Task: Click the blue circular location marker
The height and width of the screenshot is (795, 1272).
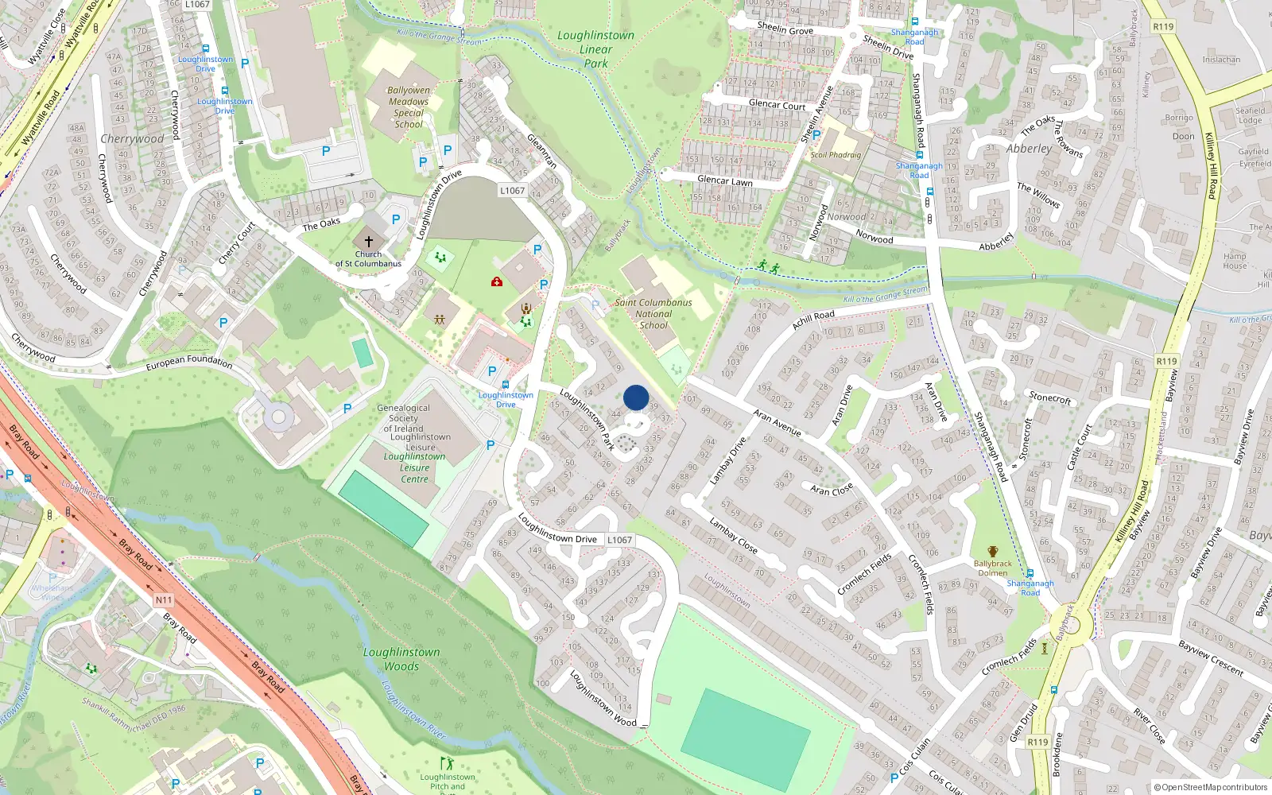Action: tap(636, 397)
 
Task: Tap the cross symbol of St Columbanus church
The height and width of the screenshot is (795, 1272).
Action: tap(368, 241)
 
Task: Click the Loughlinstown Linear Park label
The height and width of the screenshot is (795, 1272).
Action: tap(595, 49)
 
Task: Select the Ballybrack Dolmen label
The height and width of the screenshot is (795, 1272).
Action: tap(992, 568)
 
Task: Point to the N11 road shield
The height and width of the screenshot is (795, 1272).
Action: tap(163, 600)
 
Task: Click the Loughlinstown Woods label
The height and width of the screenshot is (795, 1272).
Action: tap(401, 659)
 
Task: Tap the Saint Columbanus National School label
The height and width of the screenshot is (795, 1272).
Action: tap(653, 313)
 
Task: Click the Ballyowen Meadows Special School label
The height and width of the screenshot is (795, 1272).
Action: tap(409, 107)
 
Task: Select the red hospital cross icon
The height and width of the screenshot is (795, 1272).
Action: tap(497, 281)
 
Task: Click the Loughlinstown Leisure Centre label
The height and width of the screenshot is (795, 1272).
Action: tap(414, 467)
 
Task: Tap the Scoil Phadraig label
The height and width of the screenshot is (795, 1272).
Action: tap(836, 155)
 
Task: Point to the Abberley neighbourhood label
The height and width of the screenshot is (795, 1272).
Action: tap(1029, 149)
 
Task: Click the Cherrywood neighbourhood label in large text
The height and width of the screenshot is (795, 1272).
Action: tap(132, 138)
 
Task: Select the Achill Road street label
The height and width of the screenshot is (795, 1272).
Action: tap(813, 319)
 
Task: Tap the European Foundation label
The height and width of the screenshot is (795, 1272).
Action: tap(189, 362)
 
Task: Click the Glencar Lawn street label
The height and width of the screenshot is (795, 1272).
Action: tap(724, 180)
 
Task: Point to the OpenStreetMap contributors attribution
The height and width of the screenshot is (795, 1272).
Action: tap(1210, 787)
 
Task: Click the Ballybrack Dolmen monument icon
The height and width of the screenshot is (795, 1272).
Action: tap(992, 552)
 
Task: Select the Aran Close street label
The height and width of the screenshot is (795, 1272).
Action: tap(832, 489)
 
